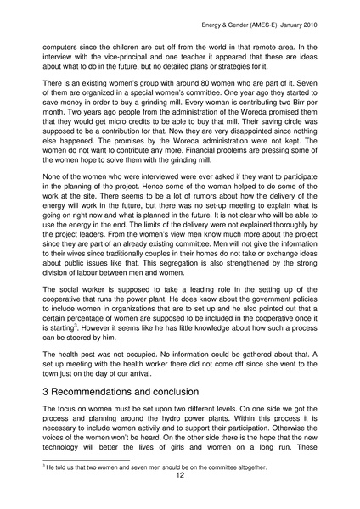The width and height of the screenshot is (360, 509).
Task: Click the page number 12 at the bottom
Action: (180, 476)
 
